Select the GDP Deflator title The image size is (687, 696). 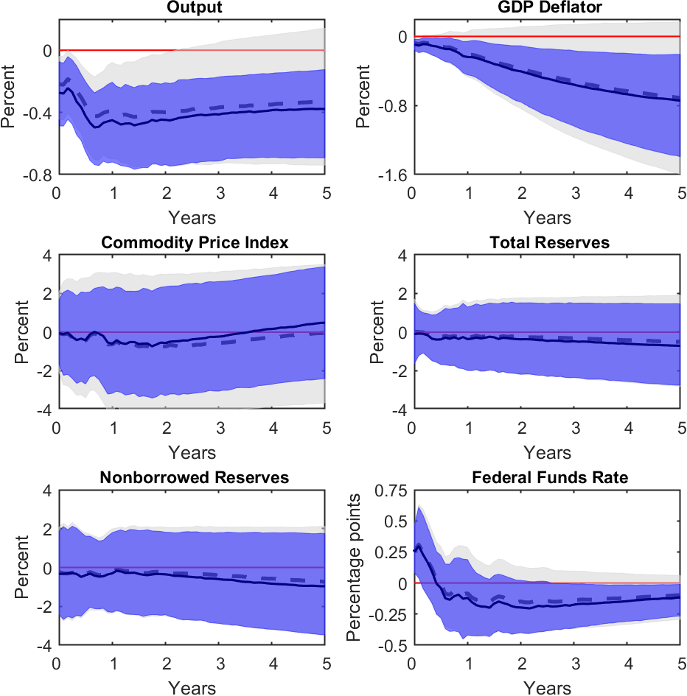pyautogui.click(x=548, y=8)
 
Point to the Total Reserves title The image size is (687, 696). pyautogui.click(x=548, y=243)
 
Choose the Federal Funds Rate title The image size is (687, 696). pyautogui.click(x=548, y=478)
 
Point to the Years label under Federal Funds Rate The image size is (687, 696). pyautogui.click(x=548, y=688)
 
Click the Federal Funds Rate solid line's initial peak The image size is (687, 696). pyautogui.click(x=417, y=546)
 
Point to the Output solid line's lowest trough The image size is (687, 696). pyautogui.click(x=96, y=127)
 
